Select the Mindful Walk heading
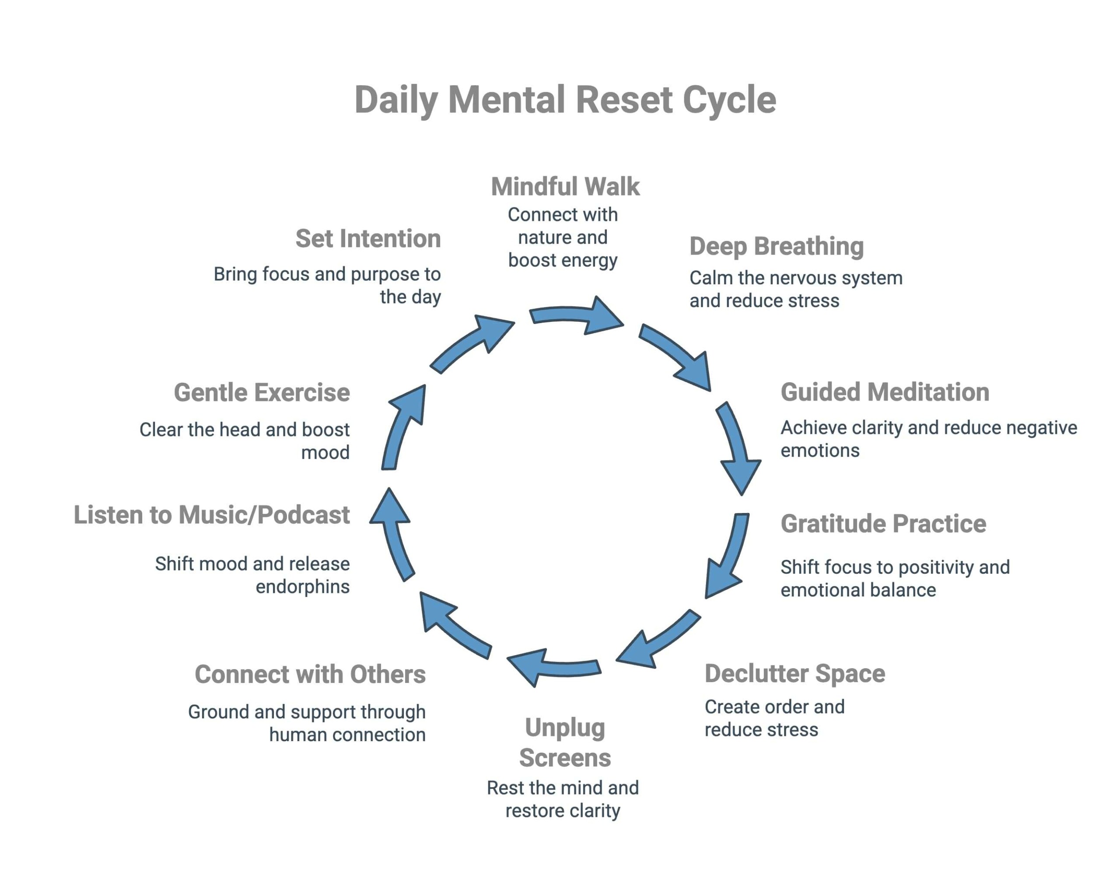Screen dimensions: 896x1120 tap(565, 186)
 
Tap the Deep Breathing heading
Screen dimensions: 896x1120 tap(776, 246)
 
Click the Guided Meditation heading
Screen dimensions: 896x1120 tap(884, 392)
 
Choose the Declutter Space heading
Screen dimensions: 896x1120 tap(794, 673)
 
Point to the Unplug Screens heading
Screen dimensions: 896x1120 tap(565, 743)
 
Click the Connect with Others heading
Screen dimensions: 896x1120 tap(310, 674)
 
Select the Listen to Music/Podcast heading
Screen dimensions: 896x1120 tap(211, 515)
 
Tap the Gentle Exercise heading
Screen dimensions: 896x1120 tap(262, 392)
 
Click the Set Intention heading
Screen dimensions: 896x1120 tap(368, 239)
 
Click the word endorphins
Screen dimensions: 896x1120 tap(302, 586)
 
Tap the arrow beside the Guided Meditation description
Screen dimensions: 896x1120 tap(738, 446)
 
